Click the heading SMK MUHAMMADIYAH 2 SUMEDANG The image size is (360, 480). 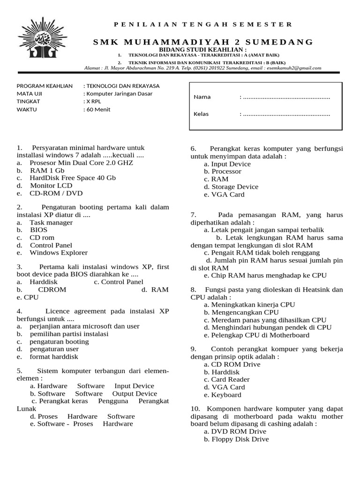coord(202,42)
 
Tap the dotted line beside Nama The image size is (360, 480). coord(285,97)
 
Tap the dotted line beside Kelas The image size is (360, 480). coord(285,114)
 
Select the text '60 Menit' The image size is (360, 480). coord(98,110)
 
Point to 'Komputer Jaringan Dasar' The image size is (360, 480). coord(119,93)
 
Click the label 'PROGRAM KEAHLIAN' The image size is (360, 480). coord(45,86)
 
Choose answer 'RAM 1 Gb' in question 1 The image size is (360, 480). coord(47,171)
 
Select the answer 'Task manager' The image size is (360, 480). coord(51,223)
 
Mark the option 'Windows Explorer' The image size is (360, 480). coord(59,253)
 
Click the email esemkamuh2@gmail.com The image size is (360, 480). coord(293,68)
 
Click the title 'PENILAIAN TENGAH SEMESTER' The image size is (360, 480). coord(202,24)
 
